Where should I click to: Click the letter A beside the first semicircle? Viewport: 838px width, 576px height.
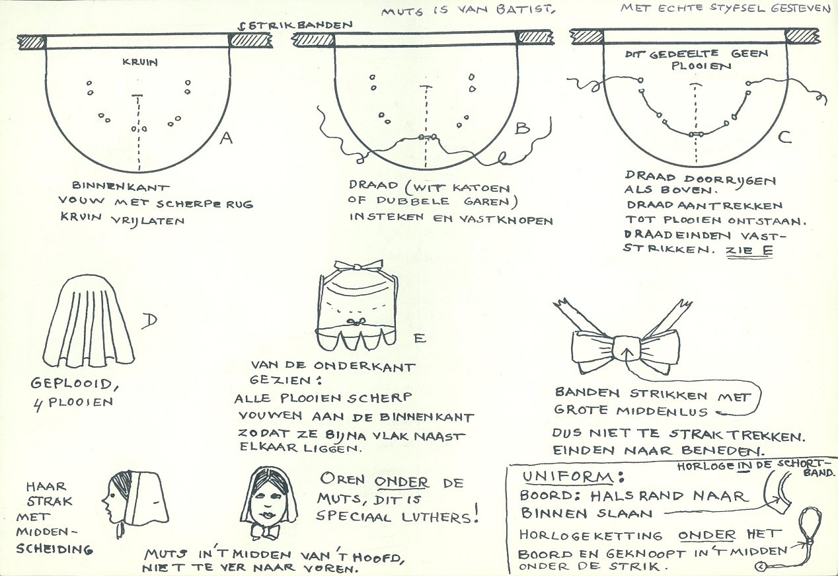226,138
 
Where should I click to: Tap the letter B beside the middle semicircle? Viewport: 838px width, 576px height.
522,128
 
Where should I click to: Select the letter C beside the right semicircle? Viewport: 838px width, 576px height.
784,137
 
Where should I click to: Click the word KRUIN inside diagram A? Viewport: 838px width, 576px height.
140,62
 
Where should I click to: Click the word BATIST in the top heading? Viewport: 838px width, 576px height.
525,9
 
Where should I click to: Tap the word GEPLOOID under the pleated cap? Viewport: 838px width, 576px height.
71,384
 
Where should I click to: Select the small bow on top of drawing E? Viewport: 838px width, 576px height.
358,266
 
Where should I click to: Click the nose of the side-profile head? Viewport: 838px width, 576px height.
104,500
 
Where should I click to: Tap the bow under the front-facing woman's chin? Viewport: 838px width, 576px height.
265,531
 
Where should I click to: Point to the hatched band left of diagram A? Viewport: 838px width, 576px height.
32,42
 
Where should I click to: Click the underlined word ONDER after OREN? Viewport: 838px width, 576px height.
401,482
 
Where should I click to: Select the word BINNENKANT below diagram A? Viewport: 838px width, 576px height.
120,186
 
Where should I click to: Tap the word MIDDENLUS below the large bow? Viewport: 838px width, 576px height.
662,411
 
